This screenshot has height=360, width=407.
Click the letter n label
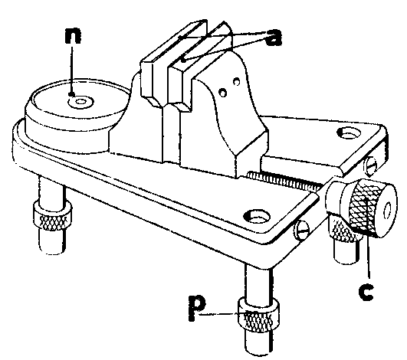pyautogui.click(x=73, y=35)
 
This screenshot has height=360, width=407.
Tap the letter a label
pyautogui.click(x=274, y=38)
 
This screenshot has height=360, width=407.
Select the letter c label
pyautogui.click(x=366, y=293)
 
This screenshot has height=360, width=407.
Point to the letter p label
pyautogui.click(x=197, y=308)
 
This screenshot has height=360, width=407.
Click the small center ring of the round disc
pyautogui.click(x=80, y=102)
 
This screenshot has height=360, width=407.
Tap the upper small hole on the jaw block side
pyautogui.click(x=237, y=81)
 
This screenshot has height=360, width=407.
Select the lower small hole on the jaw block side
pyautogui.click(x=223, y=93)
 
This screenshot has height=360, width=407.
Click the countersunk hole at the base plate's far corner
pyautogui.click(x=349, y=133)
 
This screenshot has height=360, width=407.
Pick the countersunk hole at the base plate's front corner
pyautogui.click(x=257, y=216)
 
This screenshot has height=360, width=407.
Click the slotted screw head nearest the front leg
pyautogui.click(x=303, y=228)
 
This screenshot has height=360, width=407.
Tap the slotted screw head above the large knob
pyautogui.click(x=372, y=165)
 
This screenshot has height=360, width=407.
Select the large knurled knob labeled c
pyautogui.click(x=371, y=208)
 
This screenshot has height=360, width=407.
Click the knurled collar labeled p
pyautogui.click(x=258, y=316)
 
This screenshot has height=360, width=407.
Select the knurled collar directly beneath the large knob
pyautogui.click(x=343, y=229)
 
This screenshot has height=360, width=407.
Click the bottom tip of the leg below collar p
pyautogui.click(x=257, y=353)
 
